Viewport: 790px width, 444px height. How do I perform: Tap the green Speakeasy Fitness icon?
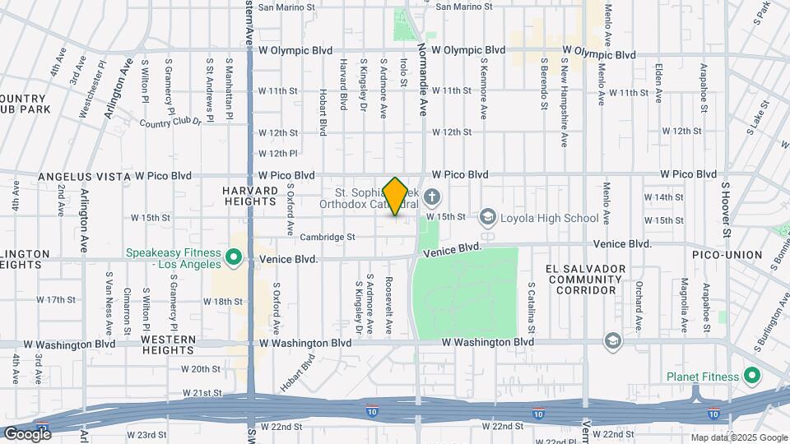tap(234, 259)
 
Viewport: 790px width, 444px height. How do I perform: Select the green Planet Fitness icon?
tap(750, 377)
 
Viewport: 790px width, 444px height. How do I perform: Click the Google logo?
tap(27, 433)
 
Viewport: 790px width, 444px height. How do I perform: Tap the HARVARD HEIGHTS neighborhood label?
tap(248, 195)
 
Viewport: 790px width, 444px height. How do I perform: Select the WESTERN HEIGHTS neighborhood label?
tap(168, 345)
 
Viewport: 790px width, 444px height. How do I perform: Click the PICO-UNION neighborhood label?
tap(728, 255)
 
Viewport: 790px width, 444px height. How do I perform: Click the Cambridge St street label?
tap(327, 237)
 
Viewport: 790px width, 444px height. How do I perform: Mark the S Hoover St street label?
tap(726, 209)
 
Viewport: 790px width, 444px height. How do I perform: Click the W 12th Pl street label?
tap(277, 153)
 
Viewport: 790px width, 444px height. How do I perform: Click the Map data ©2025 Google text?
tap(738, 437)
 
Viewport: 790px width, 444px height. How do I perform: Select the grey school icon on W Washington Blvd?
tap(612, 340)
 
